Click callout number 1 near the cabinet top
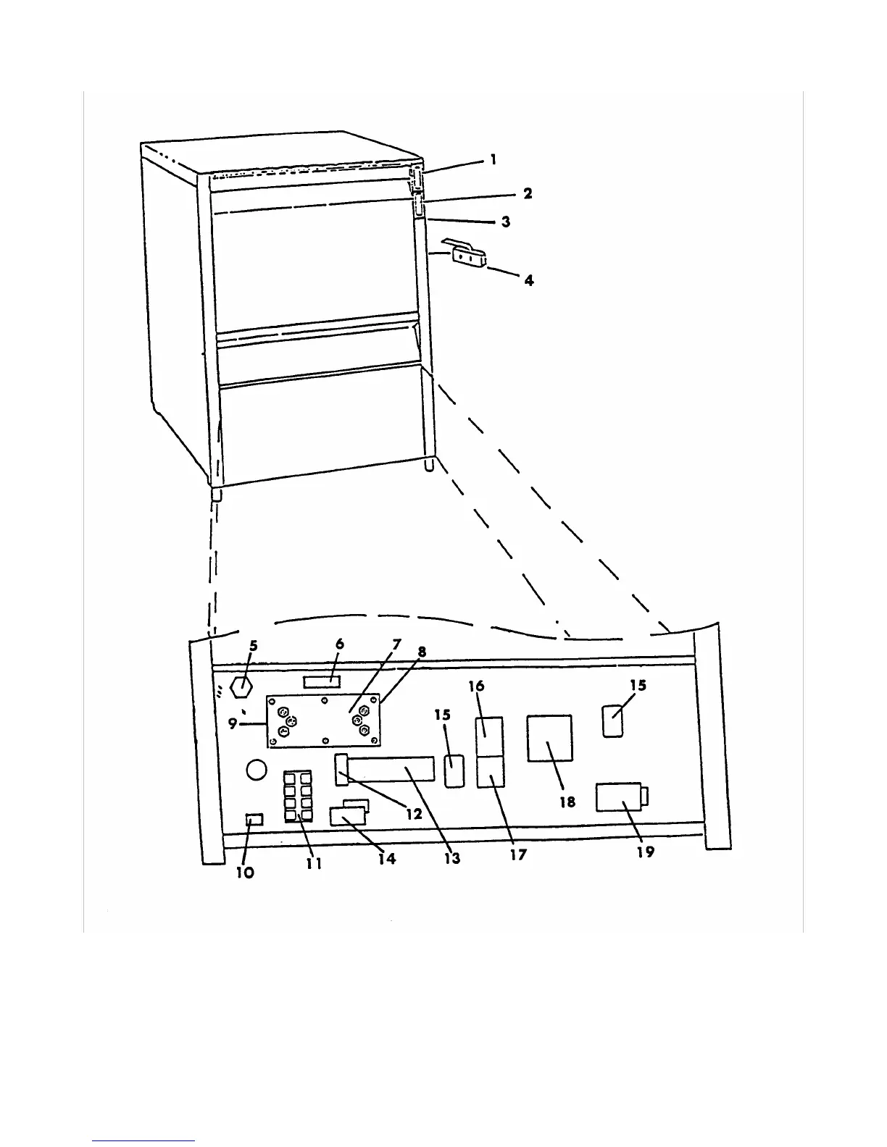pos(494,159)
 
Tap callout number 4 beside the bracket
pos(529,280)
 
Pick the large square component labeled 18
pos(549,738)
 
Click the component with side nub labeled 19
pos(619,798)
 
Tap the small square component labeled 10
pos(254,820)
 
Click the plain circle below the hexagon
pos(257,770)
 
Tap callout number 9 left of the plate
pos(233,723)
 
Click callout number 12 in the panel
pos(414,813)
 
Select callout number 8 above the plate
pos(422,652)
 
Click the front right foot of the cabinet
pos(430,463)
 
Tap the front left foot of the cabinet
pos(216,495)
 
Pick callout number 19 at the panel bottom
pos(645,852)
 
